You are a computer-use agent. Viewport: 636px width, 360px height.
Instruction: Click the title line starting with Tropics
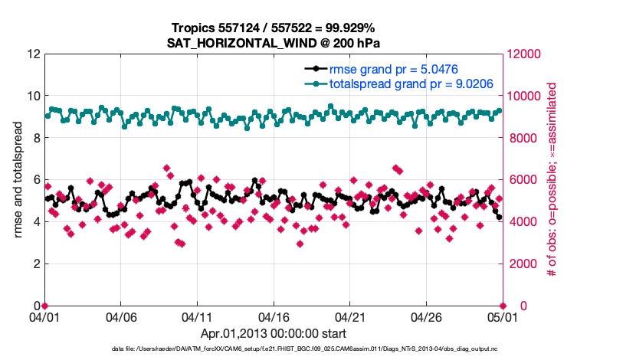coord(274,28)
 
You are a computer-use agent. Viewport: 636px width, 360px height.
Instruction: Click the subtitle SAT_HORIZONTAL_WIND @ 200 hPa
coord(274,43)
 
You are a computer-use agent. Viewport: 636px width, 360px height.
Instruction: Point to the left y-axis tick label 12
coord(32,54)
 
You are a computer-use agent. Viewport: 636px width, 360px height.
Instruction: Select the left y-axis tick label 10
coord(32,97)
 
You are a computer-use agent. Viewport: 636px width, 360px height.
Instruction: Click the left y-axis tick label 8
coord(35,139)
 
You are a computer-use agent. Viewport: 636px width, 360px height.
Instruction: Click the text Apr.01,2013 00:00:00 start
coord(274,334)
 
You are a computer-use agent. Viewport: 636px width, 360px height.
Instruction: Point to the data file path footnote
coord(304,349)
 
